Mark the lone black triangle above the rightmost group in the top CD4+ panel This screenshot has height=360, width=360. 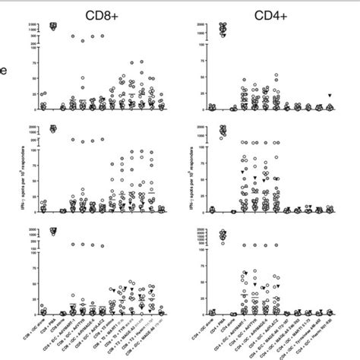click(x=330, y=95)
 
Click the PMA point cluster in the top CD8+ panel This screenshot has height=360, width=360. click(x=53, y=27)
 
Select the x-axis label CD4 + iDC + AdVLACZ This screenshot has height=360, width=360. click(x=266, y=334)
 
